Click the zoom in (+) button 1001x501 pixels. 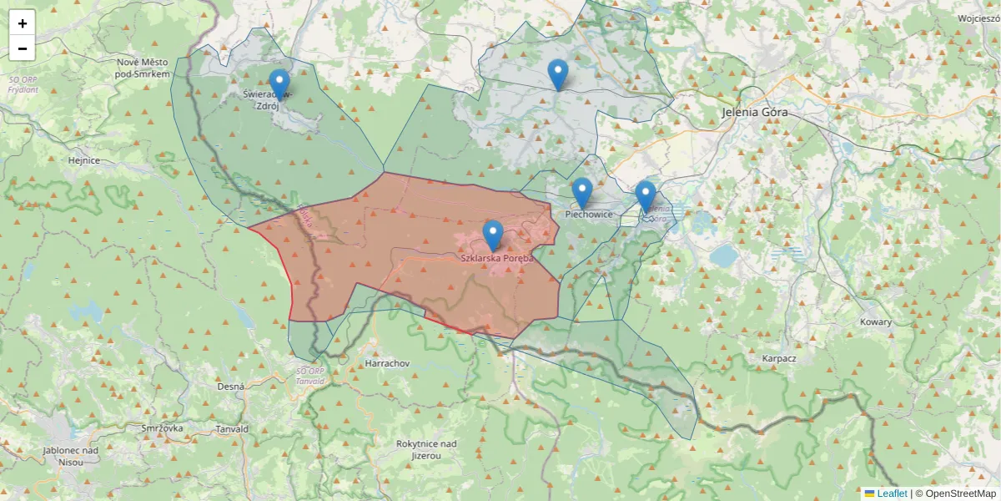coord(23,23)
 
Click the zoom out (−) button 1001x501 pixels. coord(23,48)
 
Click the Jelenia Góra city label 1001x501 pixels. coord(755,112)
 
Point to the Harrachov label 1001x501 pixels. coord(387,364)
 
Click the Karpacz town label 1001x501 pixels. coord(779,358)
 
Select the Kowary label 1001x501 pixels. coord(876,321)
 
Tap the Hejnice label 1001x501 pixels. coord(84,160)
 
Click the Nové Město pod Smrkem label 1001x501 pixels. coord(143,68)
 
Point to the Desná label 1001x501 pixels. coord(230,387)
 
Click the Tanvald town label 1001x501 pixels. coord(232,429)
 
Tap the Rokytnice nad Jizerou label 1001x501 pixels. coord(426,449)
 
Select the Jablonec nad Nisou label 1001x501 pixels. coord(71,456)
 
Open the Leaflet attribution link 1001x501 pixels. coord(893,493)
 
